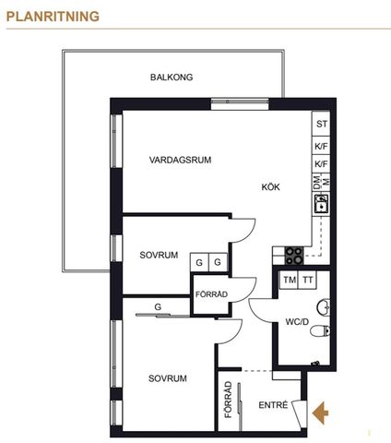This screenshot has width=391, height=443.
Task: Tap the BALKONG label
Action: pyautogui.click(x=172, y=78)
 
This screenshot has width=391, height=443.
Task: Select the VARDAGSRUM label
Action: pyautogui.click(x=181, y=160)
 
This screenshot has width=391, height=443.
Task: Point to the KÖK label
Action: pyautogui.click(x=270, y=186)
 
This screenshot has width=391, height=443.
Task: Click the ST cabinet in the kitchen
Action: pyautogui.click(x=321, y=124)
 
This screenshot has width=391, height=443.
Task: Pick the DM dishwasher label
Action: pyautogui.click(x=317, y=184)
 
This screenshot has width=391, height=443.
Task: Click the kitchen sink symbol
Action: pyautogui.click(x=321, y=205)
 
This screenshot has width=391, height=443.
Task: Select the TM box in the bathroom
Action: pyautogui.click(x=290, y=281)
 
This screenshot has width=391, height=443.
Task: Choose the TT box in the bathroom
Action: pyautogui.click(x=308, y=281)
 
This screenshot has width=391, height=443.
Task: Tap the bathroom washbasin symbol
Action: pyautogui.click(x=323, y=305)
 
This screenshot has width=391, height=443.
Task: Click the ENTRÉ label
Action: pyautogui.click(x=274, y=404)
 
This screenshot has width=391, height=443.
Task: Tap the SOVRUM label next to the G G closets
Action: pyautogui.click(x=159, y=255)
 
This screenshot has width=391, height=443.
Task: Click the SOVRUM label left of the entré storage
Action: pyautogui.click(x=168, y=378)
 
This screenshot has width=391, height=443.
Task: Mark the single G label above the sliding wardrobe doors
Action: pyautogui.click(x=158, y=305)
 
